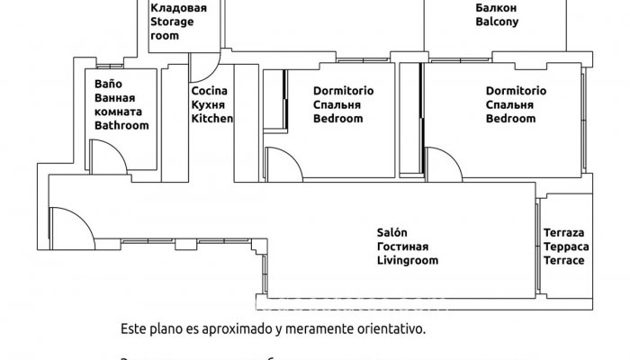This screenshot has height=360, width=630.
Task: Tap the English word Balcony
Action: [x=497, y=23]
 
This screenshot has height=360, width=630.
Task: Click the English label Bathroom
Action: [x=121, y=126]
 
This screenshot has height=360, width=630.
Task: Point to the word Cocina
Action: [x=209, y=91]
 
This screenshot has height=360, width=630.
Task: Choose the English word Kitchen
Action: [x=212, y=119]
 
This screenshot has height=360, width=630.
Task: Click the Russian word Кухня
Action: [x=209, y=105]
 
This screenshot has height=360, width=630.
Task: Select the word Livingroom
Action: [x=407, y=260]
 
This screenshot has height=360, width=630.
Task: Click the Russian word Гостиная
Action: [x=402, y=247]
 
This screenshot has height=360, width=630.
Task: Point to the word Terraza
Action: [x=564, y=232]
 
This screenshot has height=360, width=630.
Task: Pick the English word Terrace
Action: [x=564, y=260]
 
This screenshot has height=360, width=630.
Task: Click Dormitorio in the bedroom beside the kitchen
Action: [x=344, y=91]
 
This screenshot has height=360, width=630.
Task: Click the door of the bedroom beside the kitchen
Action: [x=285, y=164]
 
